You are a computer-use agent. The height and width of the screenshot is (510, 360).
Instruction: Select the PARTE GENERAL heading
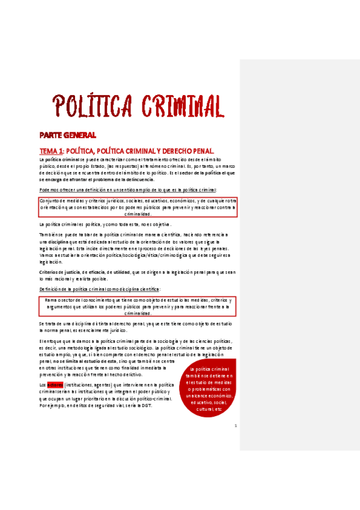pos(67,135)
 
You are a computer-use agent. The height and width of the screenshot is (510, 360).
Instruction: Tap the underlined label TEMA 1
pos(50,150)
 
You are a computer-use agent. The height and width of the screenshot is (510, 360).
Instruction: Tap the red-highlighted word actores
pos(55,384)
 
